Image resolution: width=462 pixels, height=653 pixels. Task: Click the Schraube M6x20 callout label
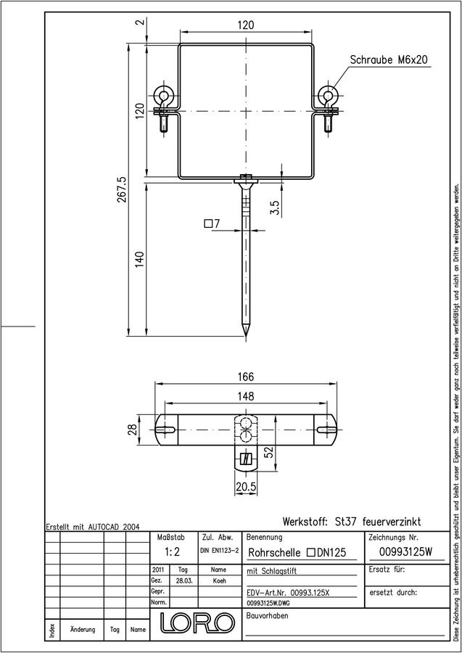(x=388, y=60)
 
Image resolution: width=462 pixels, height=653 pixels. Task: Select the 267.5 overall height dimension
(x=123, y=189)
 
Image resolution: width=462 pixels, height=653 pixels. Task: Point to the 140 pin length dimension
(x=139, y=259)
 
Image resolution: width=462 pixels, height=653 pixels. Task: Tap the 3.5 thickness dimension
(x=275, y=207)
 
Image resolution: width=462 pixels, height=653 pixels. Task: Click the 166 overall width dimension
(x=246, y=377)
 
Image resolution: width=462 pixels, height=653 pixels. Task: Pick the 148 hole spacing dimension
(x=246, y=396)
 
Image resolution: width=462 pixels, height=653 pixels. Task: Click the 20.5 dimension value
(x=245, y=487)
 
